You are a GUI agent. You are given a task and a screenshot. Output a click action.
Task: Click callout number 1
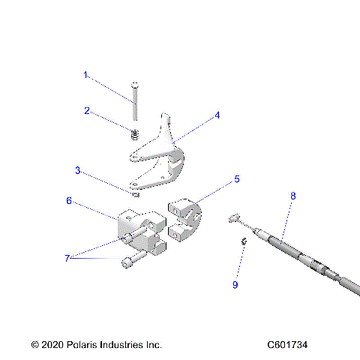click(85, 75)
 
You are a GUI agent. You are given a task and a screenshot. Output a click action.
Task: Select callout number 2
click(87, 111)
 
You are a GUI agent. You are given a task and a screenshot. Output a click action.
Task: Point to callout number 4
click(217, 115)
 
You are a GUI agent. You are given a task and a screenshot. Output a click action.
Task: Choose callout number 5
click(237, 179)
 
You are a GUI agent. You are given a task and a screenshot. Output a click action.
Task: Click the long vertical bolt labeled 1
click(134, 100)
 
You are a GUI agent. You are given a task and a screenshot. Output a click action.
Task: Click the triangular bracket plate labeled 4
click(161, 157)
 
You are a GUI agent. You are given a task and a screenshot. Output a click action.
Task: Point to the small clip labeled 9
click(244, 241)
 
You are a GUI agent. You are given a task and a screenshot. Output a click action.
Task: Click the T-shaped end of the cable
click(233, 218)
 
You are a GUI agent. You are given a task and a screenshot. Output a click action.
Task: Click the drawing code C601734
click(287, 345)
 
